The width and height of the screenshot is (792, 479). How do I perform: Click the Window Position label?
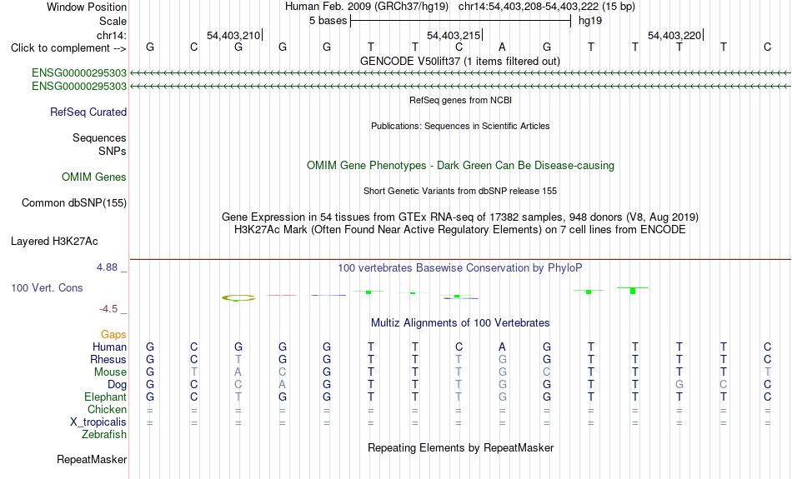tap(87, 7)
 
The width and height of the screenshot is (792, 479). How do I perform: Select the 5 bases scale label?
tap(328, 21)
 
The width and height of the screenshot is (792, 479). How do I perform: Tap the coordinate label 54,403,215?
tap(453, 35)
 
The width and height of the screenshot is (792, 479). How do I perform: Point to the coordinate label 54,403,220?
tap(674, 35)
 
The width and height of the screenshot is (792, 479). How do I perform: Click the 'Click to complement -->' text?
tap(68, 48)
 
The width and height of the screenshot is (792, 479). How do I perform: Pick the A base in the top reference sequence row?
tap(502, 47)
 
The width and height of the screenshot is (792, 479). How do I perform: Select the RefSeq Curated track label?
tap(88, 112)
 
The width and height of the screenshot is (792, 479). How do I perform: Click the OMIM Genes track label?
tap(94, 177)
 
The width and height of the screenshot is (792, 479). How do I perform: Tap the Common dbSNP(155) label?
tap(74, 203)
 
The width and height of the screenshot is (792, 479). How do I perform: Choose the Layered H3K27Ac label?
tap(54, 242)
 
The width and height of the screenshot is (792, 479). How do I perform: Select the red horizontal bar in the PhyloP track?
tap(283, 295)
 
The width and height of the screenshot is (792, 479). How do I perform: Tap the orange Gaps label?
tap(113, 335)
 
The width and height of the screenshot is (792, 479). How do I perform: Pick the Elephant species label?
tap(106, 397)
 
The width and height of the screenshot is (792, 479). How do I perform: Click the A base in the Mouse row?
tap(238, 372)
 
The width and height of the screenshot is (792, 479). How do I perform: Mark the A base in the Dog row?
tap(283, 385)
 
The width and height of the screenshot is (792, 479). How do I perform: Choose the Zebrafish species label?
tap(104, 435)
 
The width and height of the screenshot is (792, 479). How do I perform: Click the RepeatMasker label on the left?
tap(92, 459)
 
